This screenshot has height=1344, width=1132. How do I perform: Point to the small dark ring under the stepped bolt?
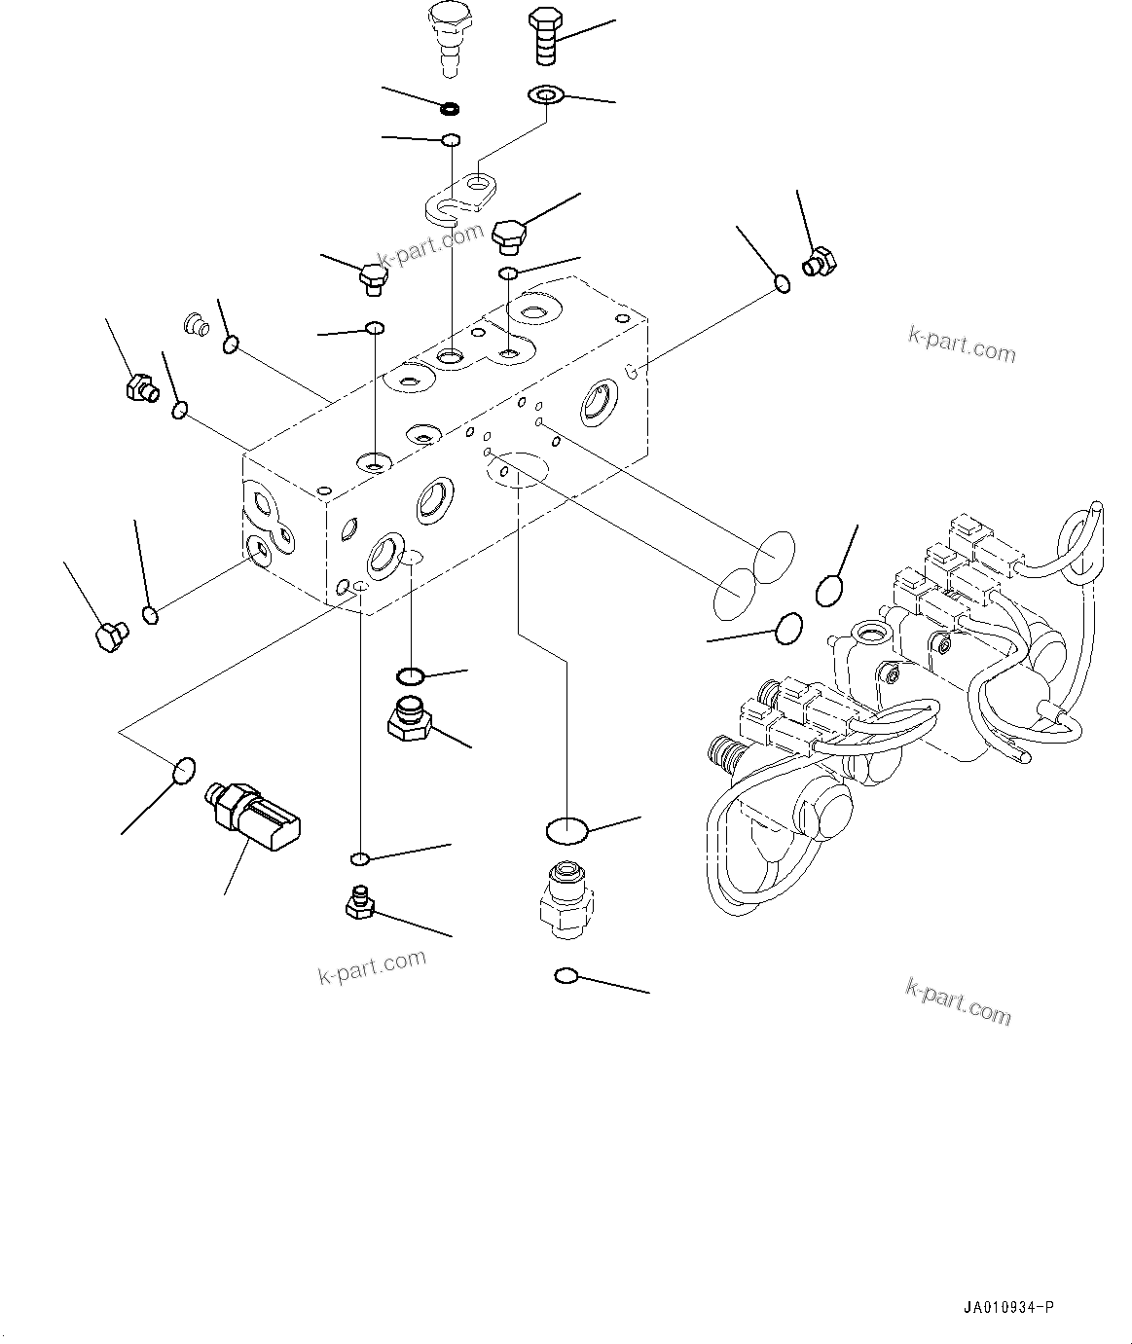pyautogui.click(x=450, y=107)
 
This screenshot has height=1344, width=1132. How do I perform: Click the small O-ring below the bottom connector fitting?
pyautogui.click(x=566, y=974)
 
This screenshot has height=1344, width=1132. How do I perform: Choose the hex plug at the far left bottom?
pyautogui.click(x=109, y=637)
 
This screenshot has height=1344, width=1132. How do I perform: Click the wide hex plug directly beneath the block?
pyautogui.click(x=409, y=719)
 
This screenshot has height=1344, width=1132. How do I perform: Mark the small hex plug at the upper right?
pyautogui.click(x=818, y=261)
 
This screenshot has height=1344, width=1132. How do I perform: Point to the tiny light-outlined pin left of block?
pyautogui.click(x=196, y=322)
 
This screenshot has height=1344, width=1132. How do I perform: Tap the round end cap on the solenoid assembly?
pyautogui.click(x=822, y=807)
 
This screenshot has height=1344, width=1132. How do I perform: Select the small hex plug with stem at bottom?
pyautogui.click(x=359, y=903)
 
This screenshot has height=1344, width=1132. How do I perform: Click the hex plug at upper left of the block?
pyautogui.click(x=142, y=388)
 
